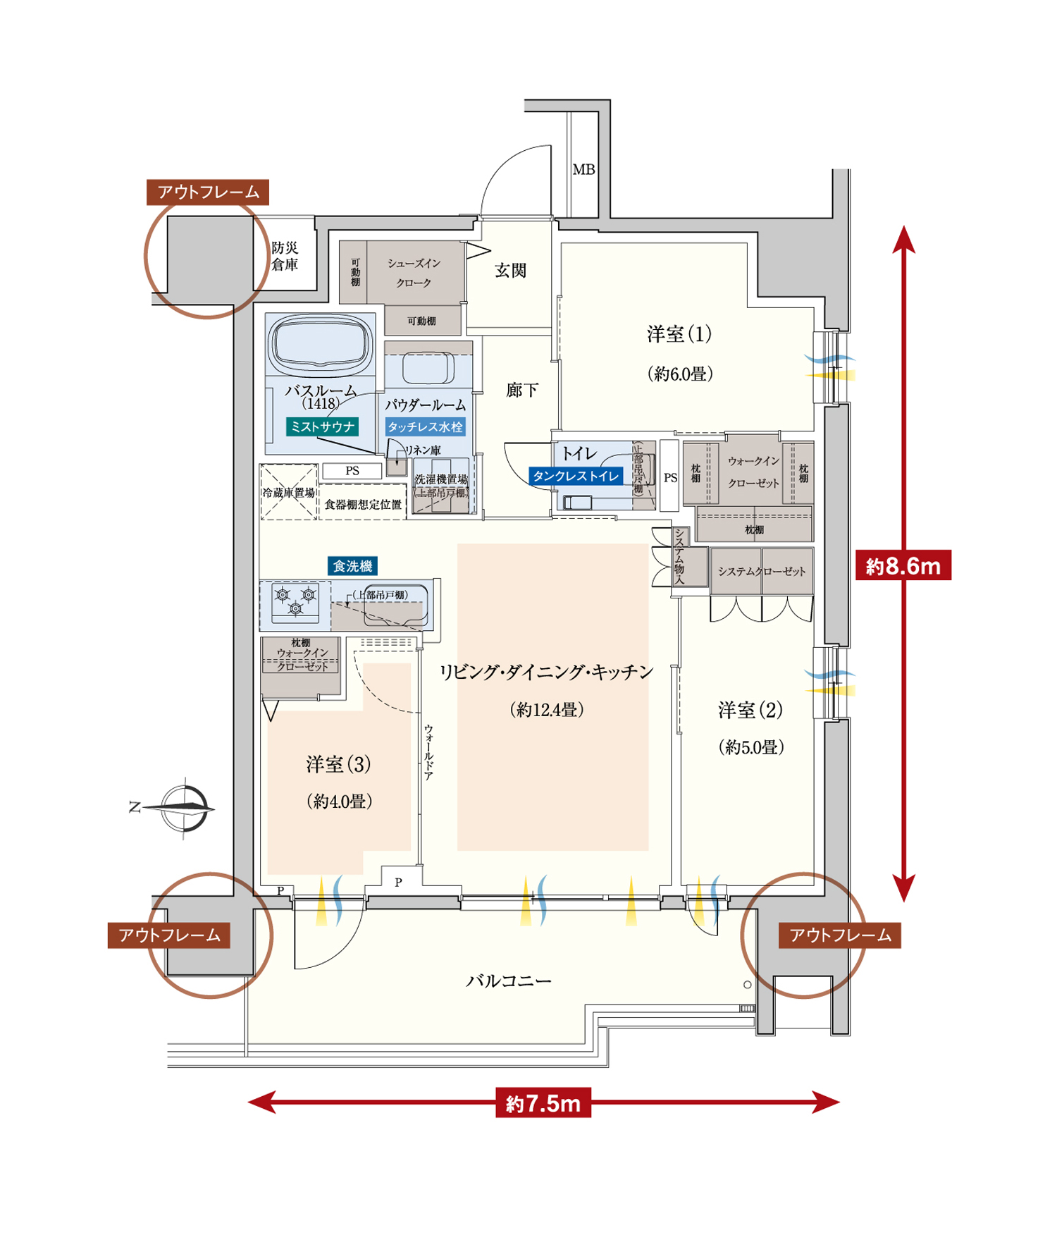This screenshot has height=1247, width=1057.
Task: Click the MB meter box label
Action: click(x=583, y=170)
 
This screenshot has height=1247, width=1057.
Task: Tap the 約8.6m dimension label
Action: click(x=903, y=565)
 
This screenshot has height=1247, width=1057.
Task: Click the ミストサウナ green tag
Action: click(x=323, y=426)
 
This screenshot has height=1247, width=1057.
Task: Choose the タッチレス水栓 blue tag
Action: click(x=425, y=426)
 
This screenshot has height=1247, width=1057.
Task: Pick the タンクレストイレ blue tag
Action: click(x=576, y=477)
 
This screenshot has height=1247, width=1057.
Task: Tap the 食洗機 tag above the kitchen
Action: click(x=352, y=566)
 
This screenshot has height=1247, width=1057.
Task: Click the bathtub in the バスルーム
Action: click(x=321, y=343)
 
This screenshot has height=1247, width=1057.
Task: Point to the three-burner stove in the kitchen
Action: click(x=295, y=601)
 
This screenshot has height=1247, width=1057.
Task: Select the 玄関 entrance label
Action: click(x=510, y=271)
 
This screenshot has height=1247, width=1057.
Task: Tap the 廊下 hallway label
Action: click(x=522, y=391)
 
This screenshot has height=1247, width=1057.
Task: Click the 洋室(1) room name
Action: click(x=679, y=334)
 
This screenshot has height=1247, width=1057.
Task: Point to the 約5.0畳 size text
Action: click(x=751, y=747)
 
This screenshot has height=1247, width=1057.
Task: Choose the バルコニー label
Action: click(x=509, y=981)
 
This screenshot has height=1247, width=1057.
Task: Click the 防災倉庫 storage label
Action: click(x=285, y=257)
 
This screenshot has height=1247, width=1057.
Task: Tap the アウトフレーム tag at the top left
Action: click(x=208, y=192)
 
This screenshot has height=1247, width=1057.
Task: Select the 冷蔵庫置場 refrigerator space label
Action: click(x=288, y=493)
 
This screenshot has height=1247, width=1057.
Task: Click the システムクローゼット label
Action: click(x=762, y=572)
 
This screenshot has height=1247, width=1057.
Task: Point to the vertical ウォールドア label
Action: click(x=428, y=752)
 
